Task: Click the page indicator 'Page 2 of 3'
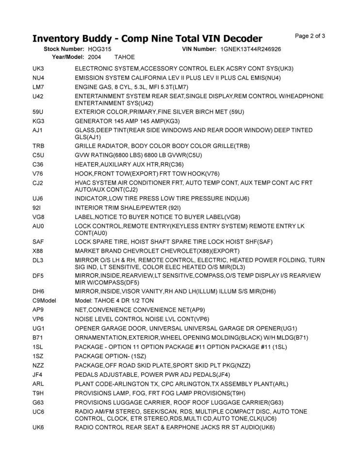coord(310,35)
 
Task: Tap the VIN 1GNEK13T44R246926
coord(251,50)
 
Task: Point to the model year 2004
coord(95,57)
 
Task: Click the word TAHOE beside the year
coord(125,57)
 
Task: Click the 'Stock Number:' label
coord(65,50)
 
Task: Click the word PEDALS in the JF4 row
coord(88,374)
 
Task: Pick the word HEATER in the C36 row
coord(87,164)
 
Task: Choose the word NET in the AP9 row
coord(81,310)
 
